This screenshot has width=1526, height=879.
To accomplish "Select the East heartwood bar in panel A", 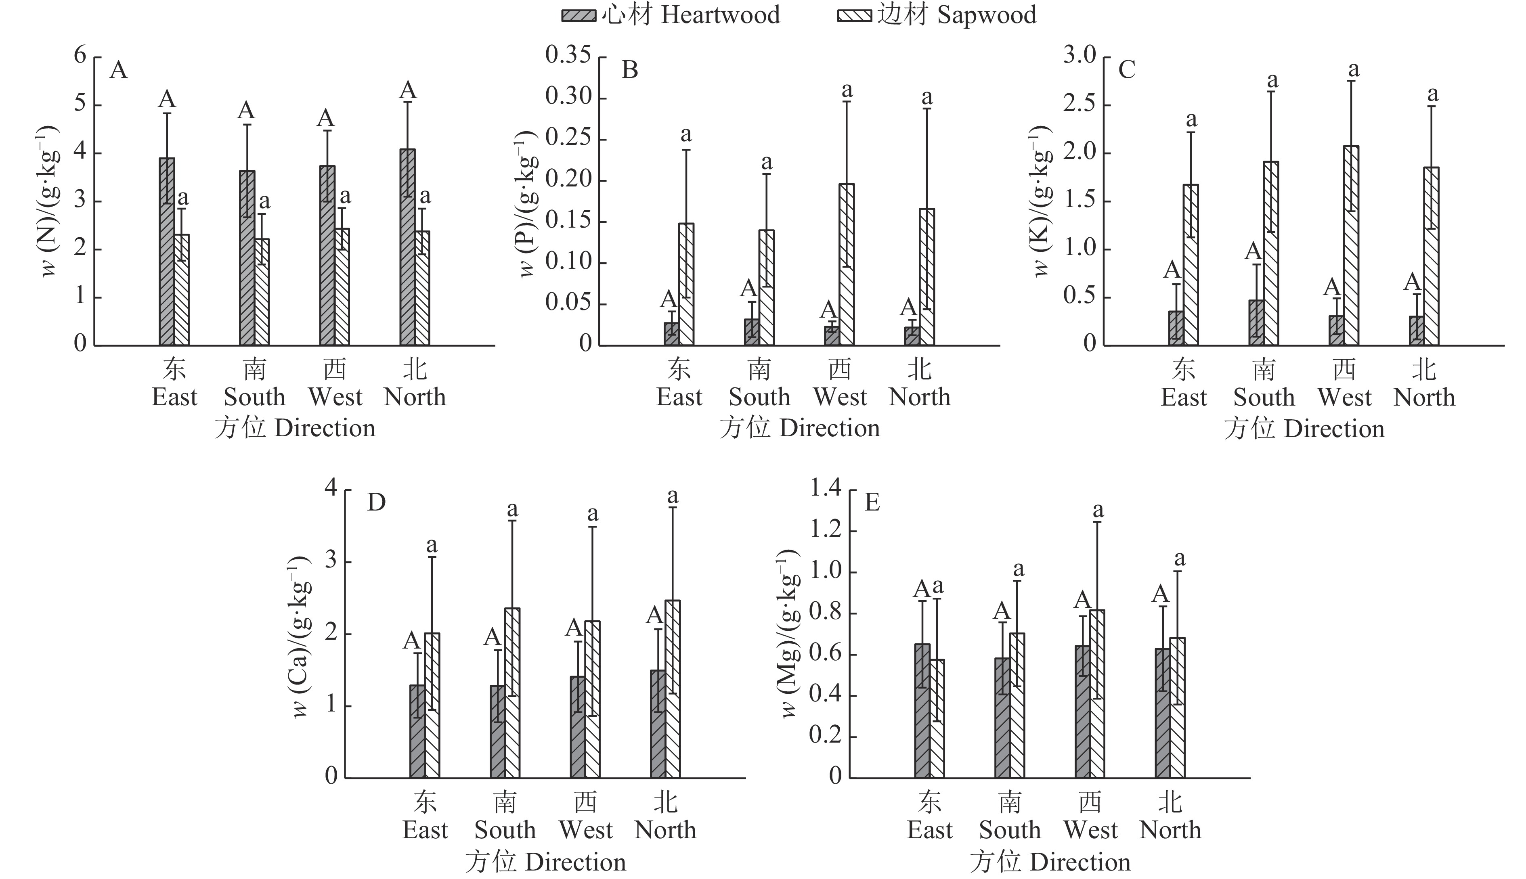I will [167, 252].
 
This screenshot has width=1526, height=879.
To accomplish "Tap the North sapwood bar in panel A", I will [422, 288].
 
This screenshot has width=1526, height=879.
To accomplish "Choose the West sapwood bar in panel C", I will [1352, 246].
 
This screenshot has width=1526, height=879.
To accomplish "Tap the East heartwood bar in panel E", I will [922, 711].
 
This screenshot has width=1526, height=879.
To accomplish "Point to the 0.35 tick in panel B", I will [568, 56].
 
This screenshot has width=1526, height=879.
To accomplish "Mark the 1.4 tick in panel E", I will [826, 489].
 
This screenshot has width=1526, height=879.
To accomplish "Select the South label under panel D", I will [505, 830].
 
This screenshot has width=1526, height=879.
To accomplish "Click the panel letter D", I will [376, 502].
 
